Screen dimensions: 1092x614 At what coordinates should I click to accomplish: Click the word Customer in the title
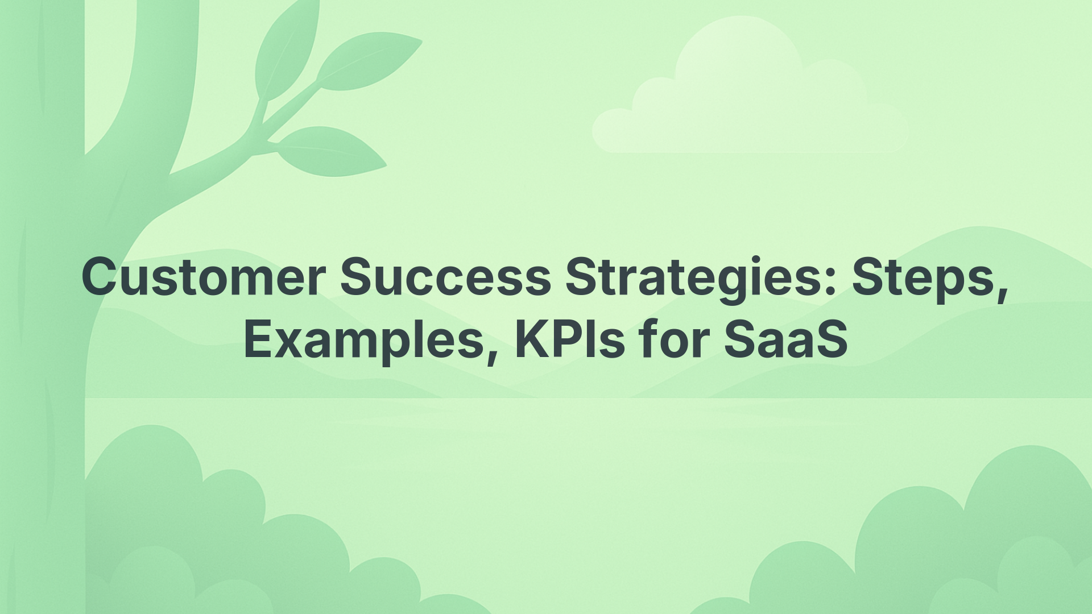[x=204, y=277]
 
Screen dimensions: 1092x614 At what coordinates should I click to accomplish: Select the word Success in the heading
[x=445, y=277]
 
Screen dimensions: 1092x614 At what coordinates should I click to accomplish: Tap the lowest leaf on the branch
[x=330, y=151]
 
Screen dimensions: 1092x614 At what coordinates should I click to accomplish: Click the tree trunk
[x=43, y=341]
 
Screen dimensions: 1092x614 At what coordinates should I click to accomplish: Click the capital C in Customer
[x=102, y=277]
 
